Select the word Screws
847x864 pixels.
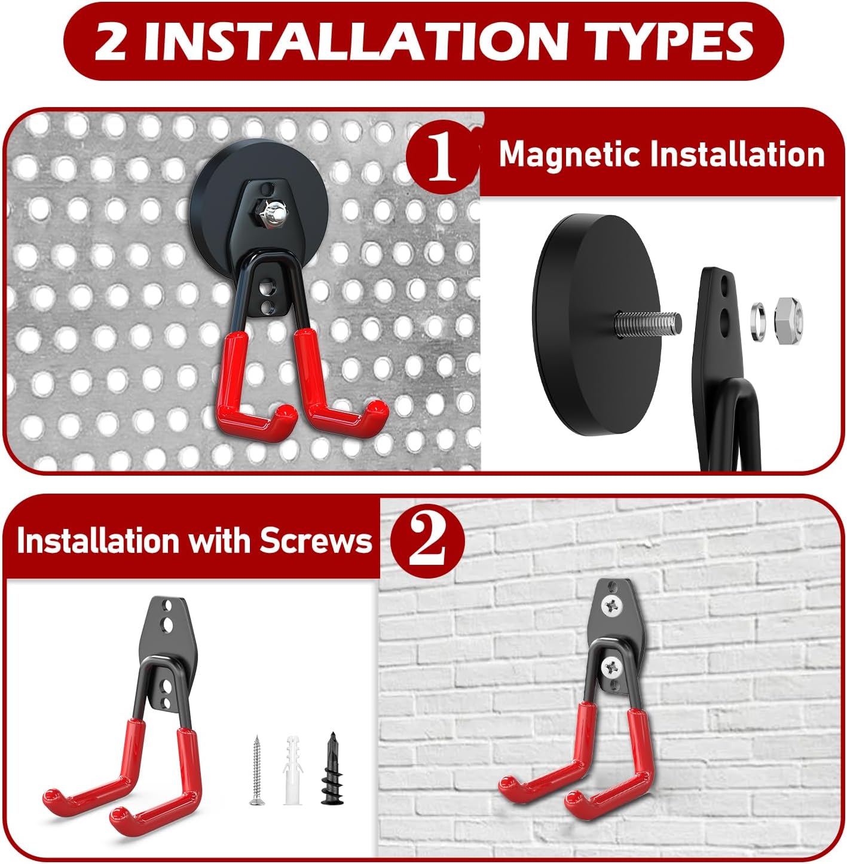pyautogui.click(x=316, y=541)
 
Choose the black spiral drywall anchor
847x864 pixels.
pyautogui.click(x=332, y=769)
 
